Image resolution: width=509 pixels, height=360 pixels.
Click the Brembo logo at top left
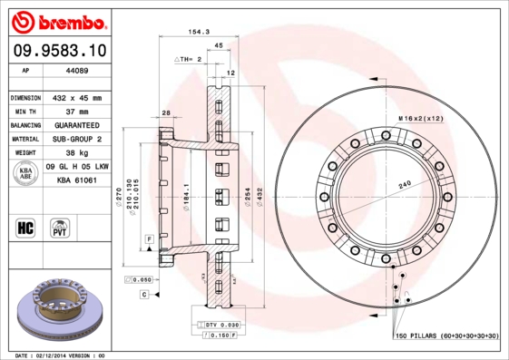[x=55, y=19]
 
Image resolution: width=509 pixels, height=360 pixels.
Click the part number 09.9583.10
[x=56, y=51]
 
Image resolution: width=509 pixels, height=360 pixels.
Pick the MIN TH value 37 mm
[x=78, y=111]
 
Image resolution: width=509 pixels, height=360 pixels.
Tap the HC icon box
[x=26, y=228]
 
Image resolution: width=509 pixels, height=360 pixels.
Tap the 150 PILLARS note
[x=445, y=336]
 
